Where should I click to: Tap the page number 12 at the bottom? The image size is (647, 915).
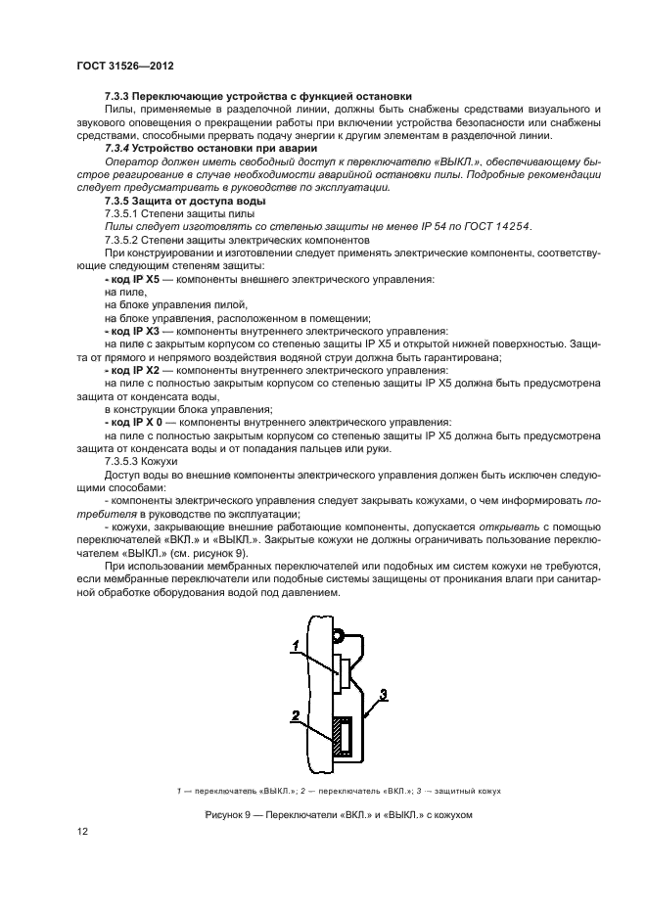point(82,831)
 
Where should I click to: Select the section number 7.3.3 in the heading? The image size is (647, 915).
point(117,96)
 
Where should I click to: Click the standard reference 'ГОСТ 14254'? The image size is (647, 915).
point(503,226)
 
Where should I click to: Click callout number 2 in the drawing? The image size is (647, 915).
point(294,716)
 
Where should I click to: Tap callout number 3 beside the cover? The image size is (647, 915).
point(384,694)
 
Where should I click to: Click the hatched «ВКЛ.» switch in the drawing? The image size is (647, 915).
point(340,737)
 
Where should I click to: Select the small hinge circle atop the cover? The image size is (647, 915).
point(337,636)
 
